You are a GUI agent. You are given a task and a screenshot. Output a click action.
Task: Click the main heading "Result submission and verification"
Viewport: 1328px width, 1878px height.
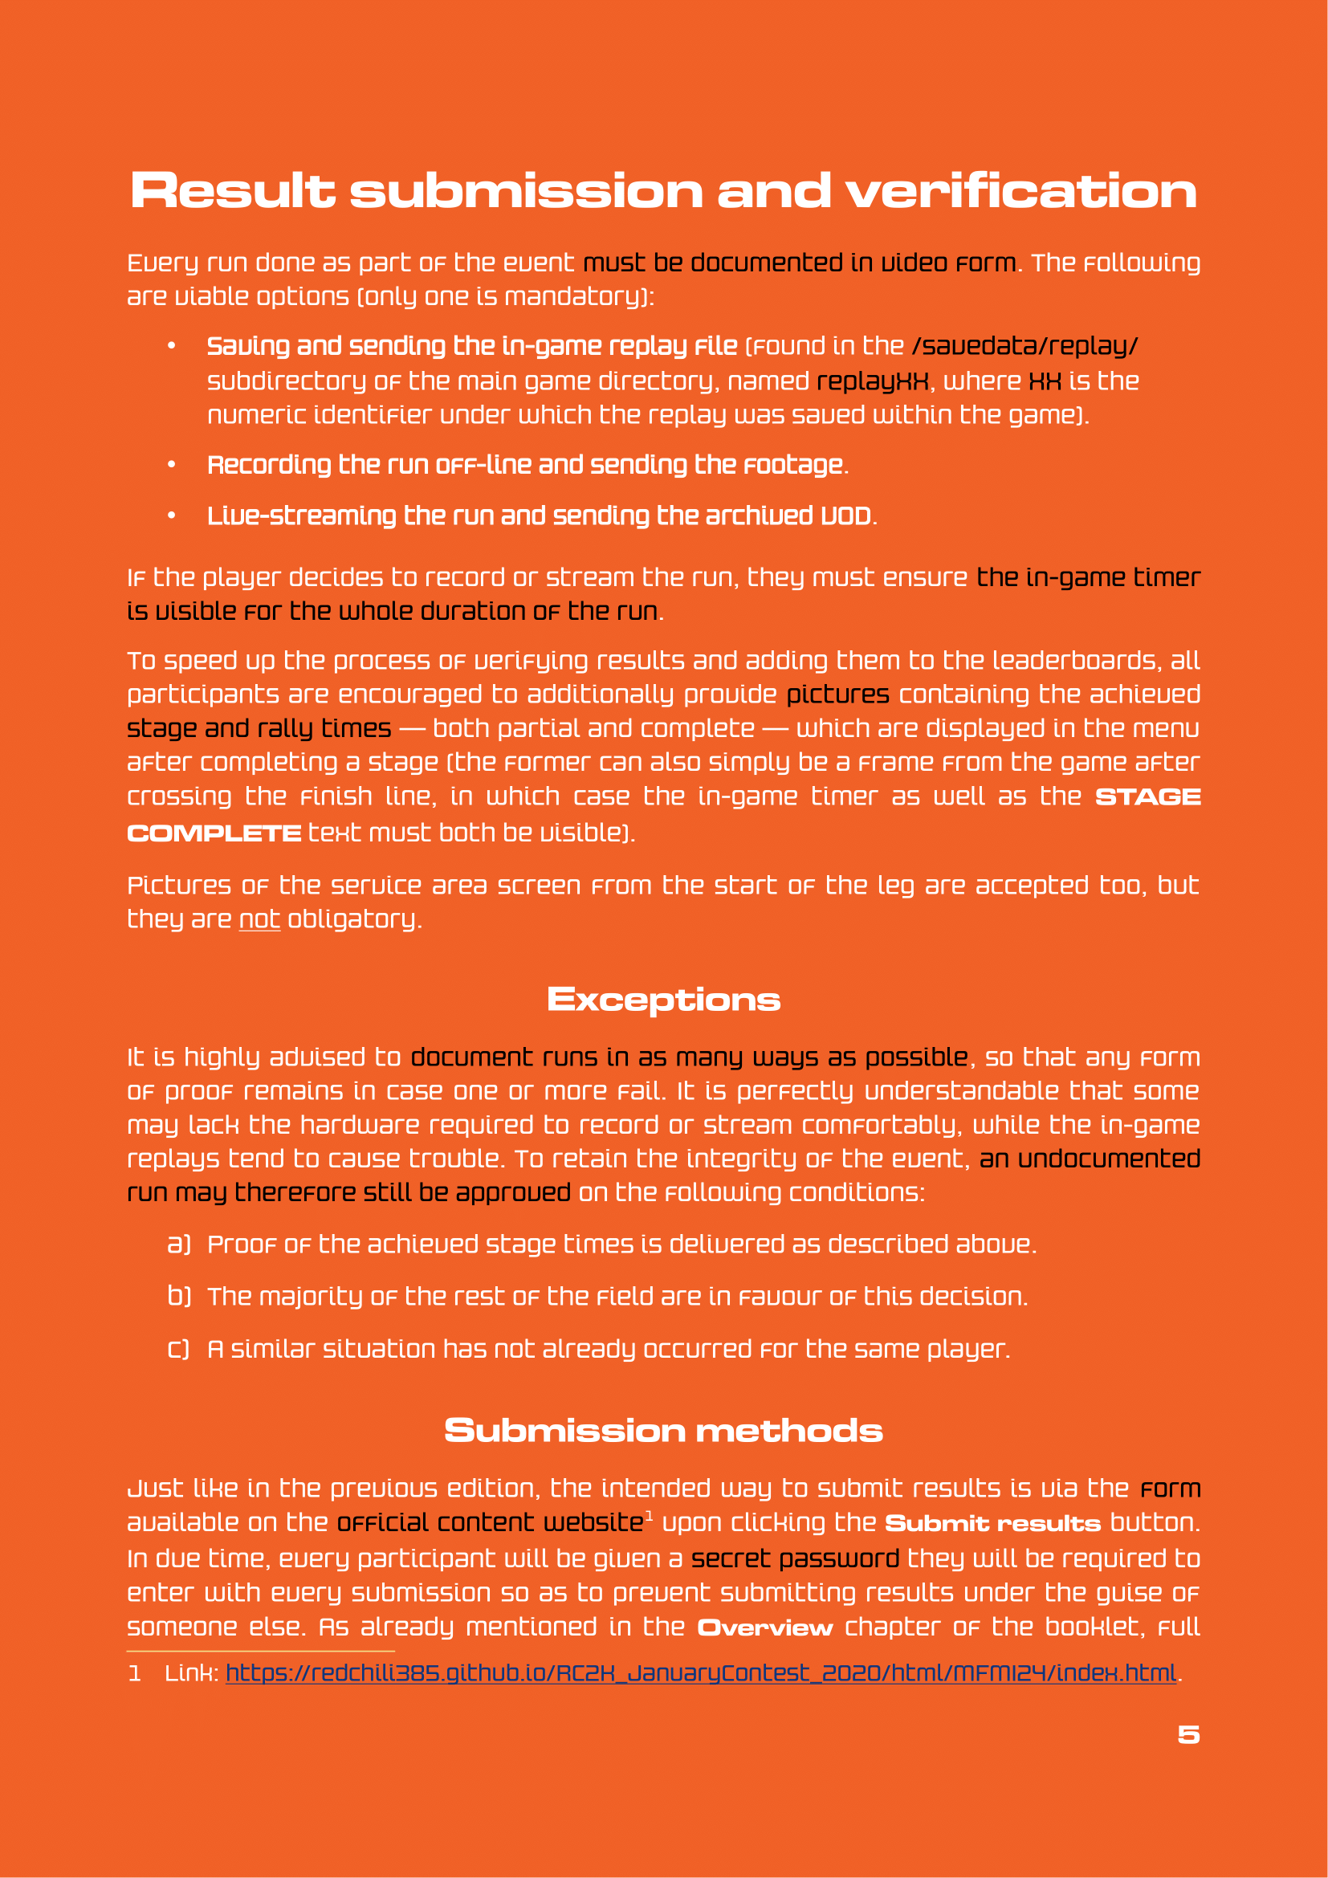[x=663, y=191]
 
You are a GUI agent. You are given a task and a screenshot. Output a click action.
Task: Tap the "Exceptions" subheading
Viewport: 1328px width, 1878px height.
[x=663, y=1000]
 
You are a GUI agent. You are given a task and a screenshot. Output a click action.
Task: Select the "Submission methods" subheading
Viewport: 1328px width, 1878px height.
[x=663, y=1431]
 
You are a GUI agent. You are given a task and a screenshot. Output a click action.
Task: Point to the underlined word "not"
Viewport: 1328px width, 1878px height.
[x=259, y=919]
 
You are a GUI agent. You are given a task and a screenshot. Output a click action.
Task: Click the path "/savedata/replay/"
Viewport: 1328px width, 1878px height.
[x=1025, y=346]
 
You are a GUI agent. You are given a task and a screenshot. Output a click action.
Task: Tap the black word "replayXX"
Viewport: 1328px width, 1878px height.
[x=873, y=381]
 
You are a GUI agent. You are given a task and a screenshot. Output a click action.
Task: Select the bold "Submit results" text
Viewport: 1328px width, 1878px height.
[x=992, y=1523]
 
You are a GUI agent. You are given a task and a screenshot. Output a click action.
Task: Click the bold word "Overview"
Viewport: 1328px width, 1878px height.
[x=764, y=1627]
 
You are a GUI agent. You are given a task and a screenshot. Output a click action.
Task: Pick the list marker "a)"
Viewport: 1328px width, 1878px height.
[x=179, y=1244]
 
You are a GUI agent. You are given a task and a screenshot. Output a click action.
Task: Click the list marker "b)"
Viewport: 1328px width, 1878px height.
[x=179, y=1297]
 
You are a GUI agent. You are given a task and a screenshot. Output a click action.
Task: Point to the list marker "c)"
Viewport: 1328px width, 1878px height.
[x=179, y=1349]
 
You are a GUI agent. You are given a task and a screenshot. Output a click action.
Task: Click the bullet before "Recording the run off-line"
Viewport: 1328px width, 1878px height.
[x=172, y=465]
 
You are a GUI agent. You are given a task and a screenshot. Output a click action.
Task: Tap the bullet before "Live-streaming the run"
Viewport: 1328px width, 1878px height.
[x=172, y=515]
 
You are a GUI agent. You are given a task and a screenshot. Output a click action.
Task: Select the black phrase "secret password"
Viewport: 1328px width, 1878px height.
[x=795, y=1558]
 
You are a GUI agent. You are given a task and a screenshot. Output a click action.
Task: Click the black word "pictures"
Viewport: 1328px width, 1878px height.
[x=837, y=695]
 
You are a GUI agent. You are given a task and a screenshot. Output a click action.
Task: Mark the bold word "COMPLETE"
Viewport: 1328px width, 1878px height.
[x=214, y=833]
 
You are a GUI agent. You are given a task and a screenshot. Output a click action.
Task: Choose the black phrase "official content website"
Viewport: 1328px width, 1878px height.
[x=490, y=1523]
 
